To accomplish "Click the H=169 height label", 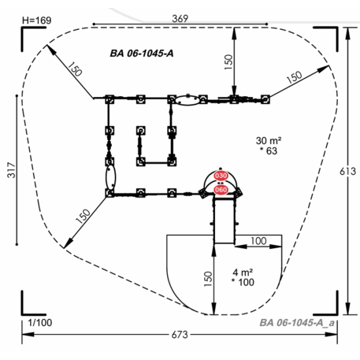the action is [x=37, y=20].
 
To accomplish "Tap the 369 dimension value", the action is [x=180, y=18].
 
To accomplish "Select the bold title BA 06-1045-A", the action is [x=142, y=54].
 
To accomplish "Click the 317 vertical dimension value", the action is [x=12, y=170].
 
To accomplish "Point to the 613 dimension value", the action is [x=348, y=171].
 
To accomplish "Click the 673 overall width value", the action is [x=180, y=335].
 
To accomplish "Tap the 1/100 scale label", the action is [x=40, y=322].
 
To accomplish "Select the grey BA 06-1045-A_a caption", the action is [x=297, y=322].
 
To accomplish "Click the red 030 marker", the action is [x=221, y=176].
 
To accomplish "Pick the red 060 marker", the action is [x=221, y=190].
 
